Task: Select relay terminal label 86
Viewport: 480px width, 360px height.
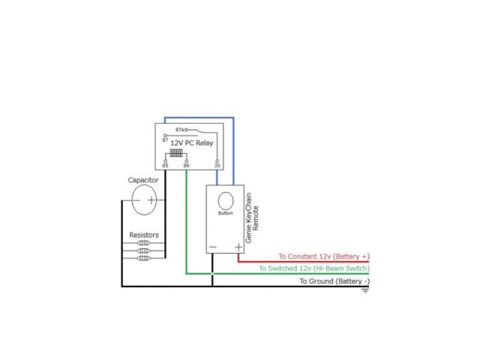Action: tap(186, 165)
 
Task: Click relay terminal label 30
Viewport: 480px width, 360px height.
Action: tap(217, 165)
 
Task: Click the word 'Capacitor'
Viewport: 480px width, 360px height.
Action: tap(142, 180)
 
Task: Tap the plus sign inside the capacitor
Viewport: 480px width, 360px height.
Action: tap(151, 200)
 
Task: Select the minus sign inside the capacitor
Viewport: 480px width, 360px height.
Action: tap(137, 200)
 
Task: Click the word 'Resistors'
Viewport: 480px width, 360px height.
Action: tap(144, 235)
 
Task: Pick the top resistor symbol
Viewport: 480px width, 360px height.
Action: tap(145, 243)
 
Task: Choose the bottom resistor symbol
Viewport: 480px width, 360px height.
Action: tap(145, 257)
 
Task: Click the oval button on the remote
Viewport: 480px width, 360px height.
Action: tap(226, 200)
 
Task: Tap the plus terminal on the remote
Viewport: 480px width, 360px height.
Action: tap(238, 247)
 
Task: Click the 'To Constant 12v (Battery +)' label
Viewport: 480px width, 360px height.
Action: tap(323, 256)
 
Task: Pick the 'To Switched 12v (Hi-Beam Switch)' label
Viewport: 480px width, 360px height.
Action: tap(313, 268)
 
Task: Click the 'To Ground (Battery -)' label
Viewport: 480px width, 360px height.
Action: tap(334, 280)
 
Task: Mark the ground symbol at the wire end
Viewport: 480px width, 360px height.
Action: tap(365, 289)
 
